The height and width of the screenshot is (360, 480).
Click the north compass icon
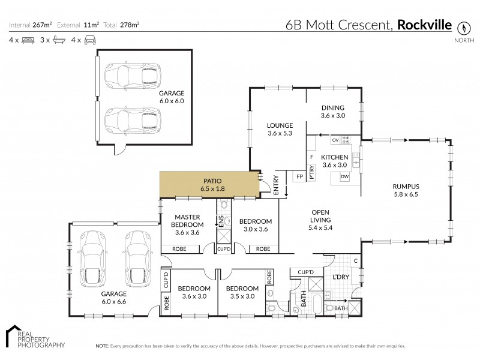tap(463, 28)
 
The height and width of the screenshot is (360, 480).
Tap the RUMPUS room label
tap(406, 187)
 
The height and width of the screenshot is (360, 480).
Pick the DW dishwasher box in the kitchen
tap(344, 176)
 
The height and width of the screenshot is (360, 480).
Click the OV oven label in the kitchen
tap(335, 139)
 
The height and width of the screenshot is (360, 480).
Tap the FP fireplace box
tap(299, 176)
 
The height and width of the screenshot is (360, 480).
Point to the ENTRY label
tap(277, 186)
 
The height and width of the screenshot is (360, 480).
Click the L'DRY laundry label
tap(341, 278)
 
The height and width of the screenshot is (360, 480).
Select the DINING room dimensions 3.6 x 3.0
tap(333, 116)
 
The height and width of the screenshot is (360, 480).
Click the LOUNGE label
tap(279, 125)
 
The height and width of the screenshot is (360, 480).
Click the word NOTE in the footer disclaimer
tap(101, 347)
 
